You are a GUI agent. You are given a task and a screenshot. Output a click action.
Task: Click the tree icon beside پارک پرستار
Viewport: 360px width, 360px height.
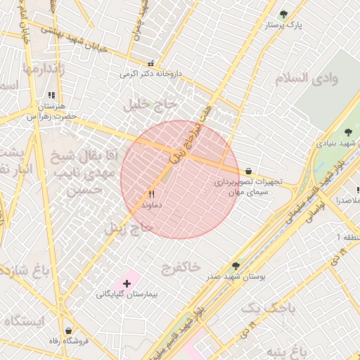[x=284, y=14]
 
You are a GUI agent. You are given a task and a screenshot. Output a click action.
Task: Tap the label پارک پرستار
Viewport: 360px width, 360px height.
[x=284, y=25]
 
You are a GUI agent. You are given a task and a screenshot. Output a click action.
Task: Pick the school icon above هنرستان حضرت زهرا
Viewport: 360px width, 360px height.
[x=50, y=96]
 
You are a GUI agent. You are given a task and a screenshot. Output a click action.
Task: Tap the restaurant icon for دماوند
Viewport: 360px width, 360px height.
[x=151, y=194]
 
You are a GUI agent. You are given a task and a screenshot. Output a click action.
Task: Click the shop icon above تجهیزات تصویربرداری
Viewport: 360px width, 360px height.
[x=249, y=171]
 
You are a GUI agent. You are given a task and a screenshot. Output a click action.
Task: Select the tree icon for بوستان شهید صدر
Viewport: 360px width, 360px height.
[x=235, y=266]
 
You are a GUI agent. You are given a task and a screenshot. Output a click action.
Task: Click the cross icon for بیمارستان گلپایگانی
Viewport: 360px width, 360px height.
[x=127, y=283]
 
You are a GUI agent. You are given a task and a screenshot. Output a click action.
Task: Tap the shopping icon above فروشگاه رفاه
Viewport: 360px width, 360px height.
[x=68, y=330]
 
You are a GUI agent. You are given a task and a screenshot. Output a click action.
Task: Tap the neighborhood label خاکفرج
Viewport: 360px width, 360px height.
[x=181, y=267]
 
